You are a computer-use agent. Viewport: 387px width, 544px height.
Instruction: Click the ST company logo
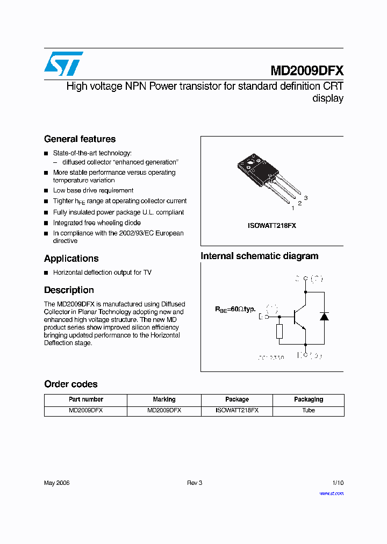tap(63, 64)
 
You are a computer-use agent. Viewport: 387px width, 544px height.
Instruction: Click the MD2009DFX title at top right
tap(306, 70)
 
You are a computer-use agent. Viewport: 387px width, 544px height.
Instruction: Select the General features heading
tap(80, 139)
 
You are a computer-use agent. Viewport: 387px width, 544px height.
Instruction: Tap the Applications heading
tap(71, 259)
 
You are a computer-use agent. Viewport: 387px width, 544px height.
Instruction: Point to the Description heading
tap(69, 290)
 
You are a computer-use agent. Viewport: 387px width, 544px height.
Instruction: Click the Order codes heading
tap(70, 384)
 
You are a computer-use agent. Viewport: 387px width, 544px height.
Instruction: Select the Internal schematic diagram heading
tap(259, 256)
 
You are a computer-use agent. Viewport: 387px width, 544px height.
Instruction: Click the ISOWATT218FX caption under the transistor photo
tap(271, 226)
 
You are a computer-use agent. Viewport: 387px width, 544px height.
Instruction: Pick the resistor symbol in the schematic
tap(279, 332)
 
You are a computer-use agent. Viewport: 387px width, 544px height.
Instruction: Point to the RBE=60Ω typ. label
tap(235, 310)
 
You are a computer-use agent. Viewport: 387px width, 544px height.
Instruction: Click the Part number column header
tap(85, 399)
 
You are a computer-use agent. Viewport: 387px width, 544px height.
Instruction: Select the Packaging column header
tap(309, 399)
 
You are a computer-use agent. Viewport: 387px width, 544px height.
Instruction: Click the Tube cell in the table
tap(309, 410)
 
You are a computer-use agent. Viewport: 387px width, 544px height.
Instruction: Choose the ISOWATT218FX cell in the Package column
tap(236, 410)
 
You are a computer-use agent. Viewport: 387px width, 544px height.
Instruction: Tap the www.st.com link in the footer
tap(331, 493)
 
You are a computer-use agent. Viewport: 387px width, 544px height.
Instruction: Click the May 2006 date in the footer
tap(56, 483)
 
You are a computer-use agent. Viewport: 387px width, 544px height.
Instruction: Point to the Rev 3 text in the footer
tap(194, 483)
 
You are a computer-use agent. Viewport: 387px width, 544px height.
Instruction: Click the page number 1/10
tap(338, 483)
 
